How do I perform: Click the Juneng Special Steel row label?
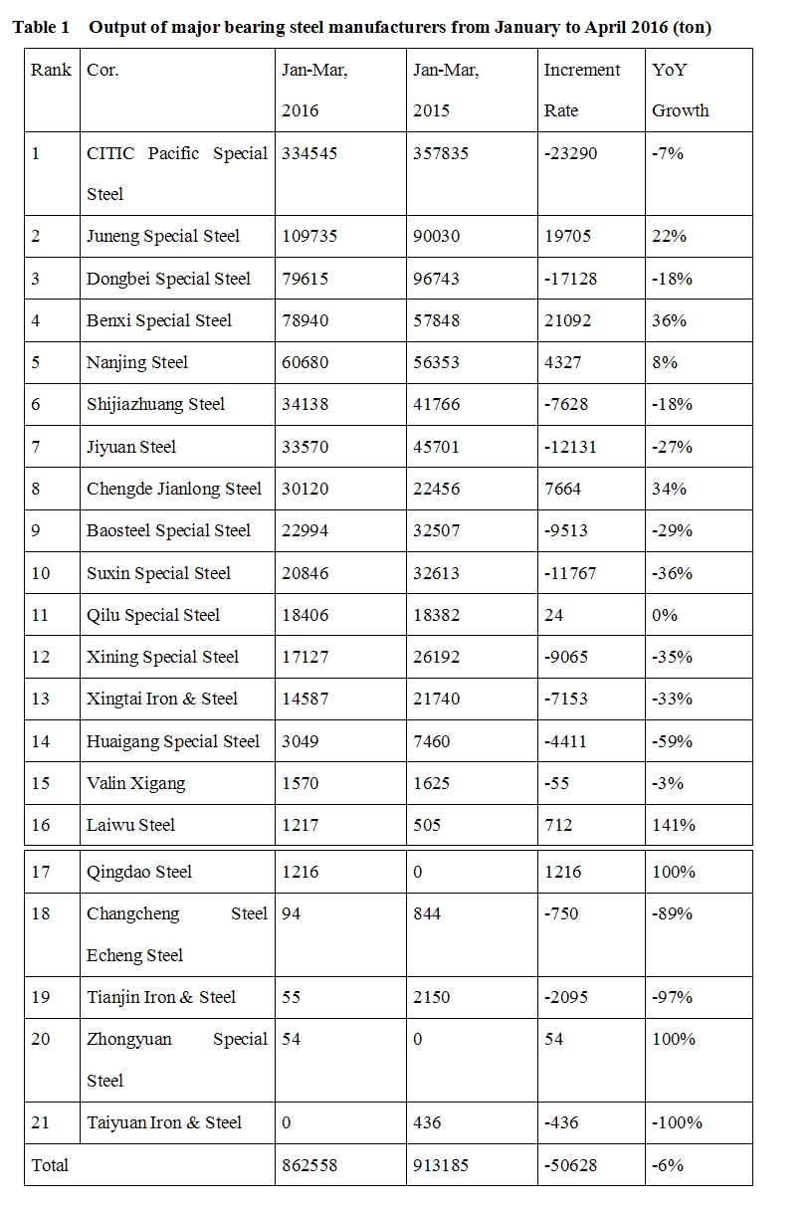point(163,237)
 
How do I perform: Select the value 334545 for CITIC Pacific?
point(308,154)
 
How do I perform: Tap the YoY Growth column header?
point(681,91)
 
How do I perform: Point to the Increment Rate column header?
point(581,91)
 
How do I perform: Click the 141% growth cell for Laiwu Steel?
point(674,825)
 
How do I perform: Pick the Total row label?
point(51,1165)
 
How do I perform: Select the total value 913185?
point(440,1165)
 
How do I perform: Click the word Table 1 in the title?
point(41,28)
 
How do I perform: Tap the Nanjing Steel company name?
point(137,363)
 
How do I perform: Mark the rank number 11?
point(40,615)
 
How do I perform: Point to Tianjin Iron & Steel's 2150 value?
point(432,997)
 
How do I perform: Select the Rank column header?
point(52,71)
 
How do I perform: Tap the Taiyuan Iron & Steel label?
point(164,1122)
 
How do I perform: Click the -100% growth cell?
point(677,1122)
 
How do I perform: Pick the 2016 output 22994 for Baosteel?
point(304,530)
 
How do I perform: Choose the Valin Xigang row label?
point(136,783)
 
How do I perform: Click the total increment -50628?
point(571,1165)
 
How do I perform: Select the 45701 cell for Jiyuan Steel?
point(436,447)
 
